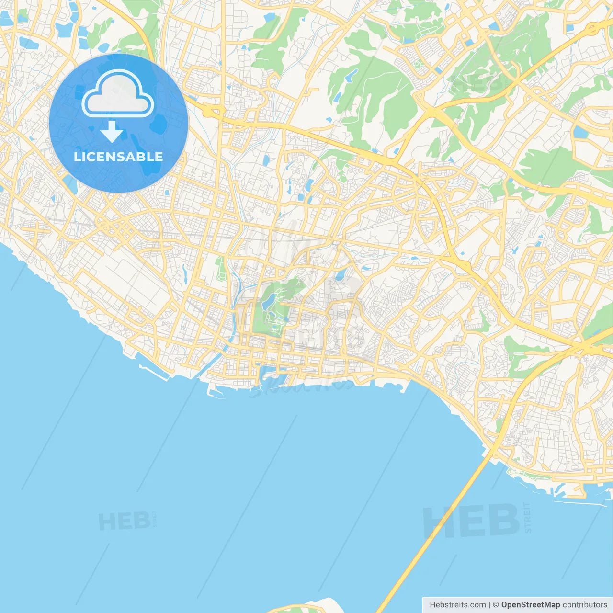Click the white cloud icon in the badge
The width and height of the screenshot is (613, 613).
click(x=118, y=93)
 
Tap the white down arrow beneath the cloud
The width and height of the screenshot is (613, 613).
click(x=112, y=131)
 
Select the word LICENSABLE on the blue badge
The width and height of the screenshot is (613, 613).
click(x=118, y=157)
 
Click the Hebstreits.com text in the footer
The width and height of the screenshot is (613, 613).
click(x=457, y=605)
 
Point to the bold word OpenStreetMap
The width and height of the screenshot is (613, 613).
click(x=531, y=605)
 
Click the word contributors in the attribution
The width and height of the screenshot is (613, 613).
click(x=585, y=605)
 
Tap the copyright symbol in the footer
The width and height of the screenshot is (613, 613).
click(x=496, y=605)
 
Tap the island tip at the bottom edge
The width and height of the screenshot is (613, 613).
click(x=311, y=606)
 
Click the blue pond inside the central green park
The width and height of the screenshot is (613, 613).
click(x=268, y=301)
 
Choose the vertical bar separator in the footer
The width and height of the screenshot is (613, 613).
click(x=489, y=605)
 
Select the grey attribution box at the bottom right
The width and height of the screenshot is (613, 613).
click(x=517, y=605)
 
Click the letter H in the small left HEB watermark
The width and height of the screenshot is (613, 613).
click(x=106, y=521)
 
